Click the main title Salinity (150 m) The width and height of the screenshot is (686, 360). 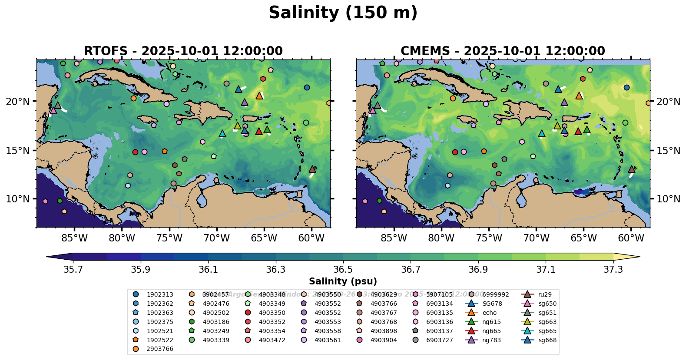343,13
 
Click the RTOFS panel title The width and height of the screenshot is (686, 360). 183,51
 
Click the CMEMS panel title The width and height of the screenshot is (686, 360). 503,51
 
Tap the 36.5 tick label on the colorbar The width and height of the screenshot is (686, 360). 343,270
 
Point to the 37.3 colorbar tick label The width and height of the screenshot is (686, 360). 613,270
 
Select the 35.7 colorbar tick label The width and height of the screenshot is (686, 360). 73,270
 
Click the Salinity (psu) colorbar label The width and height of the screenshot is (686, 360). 343,281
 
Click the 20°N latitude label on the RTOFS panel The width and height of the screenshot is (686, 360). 18,102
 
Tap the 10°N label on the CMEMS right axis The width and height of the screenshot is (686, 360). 668,199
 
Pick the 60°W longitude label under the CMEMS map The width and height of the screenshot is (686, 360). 631,238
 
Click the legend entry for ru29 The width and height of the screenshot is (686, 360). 544,294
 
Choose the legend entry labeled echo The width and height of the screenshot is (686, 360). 489,313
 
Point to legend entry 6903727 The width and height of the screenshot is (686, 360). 439,340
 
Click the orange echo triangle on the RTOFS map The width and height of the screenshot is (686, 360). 259,96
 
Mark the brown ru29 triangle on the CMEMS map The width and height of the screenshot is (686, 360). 632,169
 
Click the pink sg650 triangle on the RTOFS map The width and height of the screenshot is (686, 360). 53,111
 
